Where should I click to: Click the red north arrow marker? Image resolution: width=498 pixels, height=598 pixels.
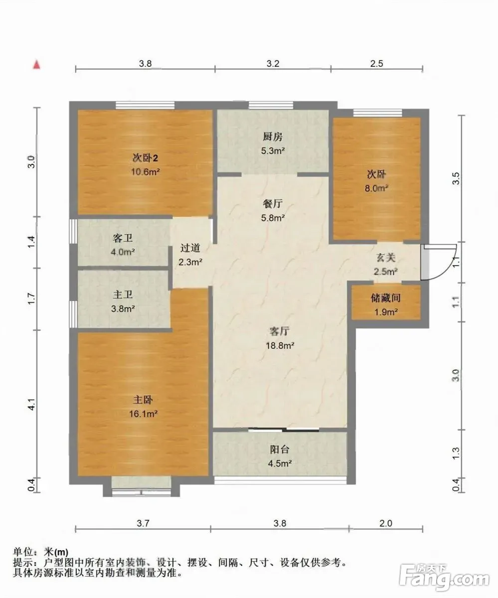pyautogui.click(x=37, y=64)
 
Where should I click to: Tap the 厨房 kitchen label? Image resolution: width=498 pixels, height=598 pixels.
pyautogui.click(x=273, y=137)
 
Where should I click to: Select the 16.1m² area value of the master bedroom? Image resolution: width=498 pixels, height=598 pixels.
pyautogui.click(x=143, y=414)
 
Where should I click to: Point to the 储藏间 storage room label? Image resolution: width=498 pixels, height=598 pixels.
pyautogui.click(x=385, y=298)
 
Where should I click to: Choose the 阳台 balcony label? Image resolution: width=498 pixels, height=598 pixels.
pyautogui.click(x=280, y=449)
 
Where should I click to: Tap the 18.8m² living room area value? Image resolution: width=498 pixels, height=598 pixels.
pyautogui.click(x=280, y=345)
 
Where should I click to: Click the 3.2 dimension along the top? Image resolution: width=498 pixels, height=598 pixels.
pyautogui.click(x=273, y=63)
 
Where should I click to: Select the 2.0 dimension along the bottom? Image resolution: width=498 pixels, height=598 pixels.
pyautogui.click(x=386, y=523)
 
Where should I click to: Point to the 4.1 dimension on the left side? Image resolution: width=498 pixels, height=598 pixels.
pyautogui.click(x=31, y=404)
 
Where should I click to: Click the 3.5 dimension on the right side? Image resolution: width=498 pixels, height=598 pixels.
pyautogui.click(x=456, y=178)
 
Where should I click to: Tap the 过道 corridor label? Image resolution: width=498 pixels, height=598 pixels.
pyautogui.click(x=190, y=248)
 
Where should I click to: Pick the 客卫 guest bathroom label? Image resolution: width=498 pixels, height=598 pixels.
pyautogui.click(x=122, y=238)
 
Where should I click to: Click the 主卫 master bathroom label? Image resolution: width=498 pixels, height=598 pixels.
pyautogui.click(x=123, y=295)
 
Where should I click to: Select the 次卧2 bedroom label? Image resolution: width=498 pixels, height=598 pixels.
pyautogui.click(x=145, y=158)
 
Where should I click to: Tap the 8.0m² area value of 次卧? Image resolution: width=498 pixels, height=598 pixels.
pyautogui.click(x=376, y=188)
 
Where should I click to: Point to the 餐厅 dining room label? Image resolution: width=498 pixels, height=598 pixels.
pyautogui.click(x=273, y=204)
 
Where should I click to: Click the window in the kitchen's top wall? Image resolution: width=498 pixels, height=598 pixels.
pyautogui.click(x=271, y=105)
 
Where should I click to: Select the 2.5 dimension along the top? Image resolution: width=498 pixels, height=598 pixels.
pyautogui.click(x=376, y=63)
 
